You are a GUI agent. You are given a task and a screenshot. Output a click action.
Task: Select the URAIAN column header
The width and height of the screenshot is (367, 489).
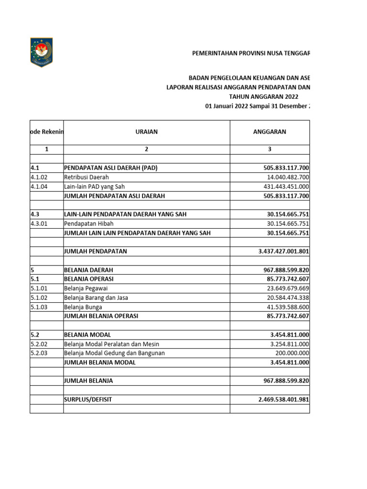click(x=146, y=132)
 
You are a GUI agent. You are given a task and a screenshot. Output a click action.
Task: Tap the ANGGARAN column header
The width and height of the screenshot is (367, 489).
click(x=270, y=132)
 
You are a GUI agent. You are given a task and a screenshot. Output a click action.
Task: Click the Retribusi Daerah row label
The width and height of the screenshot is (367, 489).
click(x=86, y=177)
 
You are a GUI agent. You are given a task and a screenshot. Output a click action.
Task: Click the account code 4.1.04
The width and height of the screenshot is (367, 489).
click(x=39, y=187)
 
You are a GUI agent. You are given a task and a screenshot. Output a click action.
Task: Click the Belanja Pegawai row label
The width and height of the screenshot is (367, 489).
click(x=85, y=288)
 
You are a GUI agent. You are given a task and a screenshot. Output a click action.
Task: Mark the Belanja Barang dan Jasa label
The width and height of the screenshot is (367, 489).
click(x=96, y=298)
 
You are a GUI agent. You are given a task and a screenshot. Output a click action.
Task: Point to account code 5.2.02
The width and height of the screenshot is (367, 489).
click(x=39, y=344)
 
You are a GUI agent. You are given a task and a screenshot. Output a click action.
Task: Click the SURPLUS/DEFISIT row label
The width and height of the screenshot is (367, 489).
click(x=88, y=399)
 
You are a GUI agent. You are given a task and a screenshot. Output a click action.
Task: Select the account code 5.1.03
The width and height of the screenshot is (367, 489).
click(x=39, y=307)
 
